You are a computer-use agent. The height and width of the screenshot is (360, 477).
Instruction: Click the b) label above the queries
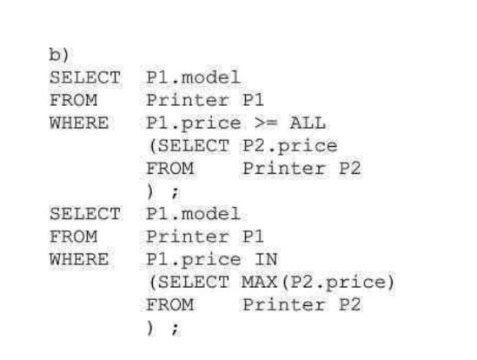click(59, 55)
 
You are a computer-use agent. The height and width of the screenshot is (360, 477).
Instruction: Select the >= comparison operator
click(266, 123)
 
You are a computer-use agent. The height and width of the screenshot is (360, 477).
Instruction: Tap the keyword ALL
click(308, 123)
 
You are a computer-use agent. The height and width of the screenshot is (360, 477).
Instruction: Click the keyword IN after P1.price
click(266, 259)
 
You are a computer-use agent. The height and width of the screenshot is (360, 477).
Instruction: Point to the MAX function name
click(260, 282)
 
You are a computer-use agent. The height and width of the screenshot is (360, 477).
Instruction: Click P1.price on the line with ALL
click(194, 124)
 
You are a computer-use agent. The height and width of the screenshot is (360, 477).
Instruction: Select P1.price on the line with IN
click(194, 260)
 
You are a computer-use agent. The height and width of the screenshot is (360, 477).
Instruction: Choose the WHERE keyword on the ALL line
click(79, 123)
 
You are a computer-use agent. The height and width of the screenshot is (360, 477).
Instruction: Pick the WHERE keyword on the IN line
click(79, 259)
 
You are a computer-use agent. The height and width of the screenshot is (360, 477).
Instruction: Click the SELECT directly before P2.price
click(194, 146)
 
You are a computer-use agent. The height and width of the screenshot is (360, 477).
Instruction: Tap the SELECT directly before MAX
click(194, 282)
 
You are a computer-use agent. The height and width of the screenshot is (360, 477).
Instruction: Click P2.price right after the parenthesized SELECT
click(290, 146)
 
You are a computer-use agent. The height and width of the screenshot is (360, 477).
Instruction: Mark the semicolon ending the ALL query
click(176, 192)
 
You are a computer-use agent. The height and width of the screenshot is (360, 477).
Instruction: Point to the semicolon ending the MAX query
click(176, 329)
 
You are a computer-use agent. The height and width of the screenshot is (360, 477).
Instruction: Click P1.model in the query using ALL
click(194, 77)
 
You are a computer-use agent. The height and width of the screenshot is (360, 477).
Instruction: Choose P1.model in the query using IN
click(194, 214)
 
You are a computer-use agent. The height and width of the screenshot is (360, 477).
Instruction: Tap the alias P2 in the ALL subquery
click(350, 169)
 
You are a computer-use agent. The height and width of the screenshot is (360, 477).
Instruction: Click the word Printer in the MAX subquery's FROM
click(284, 305)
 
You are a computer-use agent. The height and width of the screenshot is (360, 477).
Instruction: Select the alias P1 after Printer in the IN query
click(253, 237)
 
